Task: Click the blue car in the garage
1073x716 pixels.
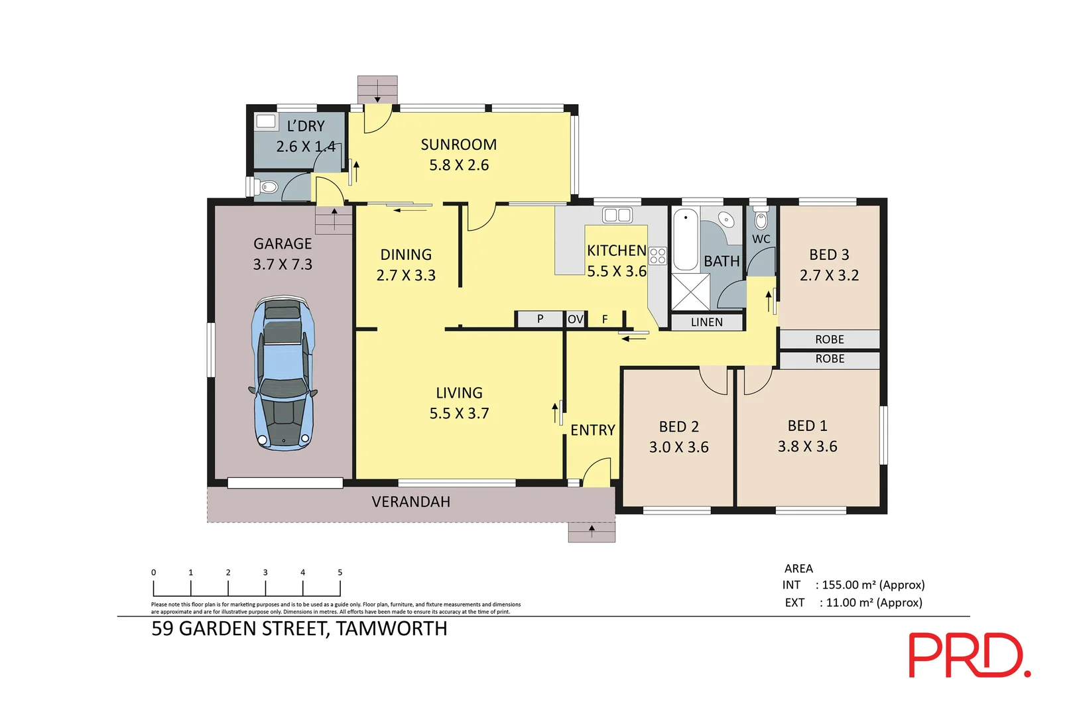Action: point(283,373)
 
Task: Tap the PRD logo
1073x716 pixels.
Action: point(970,655)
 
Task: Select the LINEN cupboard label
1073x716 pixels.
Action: point(706,322)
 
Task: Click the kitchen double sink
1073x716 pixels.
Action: point(617,215)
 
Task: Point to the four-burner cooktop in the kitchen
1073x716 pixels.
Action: point(658,256)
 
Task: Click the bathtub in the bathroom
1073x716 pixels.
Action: point(686,240)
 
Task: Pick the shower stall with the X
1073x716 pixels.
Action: point(690,292)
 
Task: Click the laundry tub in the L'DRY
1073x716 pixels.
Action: point(265,121)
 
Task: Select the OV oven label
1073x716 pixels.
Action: point(576,319)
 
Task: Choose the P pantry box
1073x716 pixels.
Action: point(539,319)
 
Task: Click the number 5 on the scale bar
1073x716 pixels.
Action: point(340,572)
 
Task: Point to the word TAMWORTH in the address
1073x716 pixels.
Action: point(391,628)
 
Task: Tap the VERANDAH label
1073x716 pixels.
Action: point(411,502)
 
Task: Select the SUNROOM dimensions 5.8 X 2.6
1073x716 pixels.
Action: point(459,165)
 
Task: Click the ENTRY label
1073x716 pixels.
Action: point(593,430)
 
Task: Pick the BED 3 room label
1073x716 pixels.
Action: point(829,255)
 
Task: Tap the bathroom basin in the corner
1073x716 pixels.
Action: point(726,220)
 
